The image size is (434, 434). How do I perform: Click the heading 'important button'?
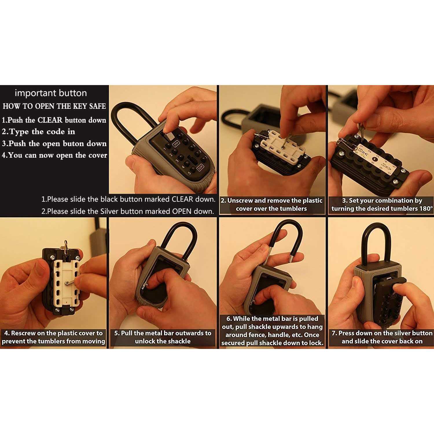coord(51,93)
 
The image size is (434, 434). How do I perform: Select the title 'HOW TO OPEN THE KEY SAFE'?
coord(54,106)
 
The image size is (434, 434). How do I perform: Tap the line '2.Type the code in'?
coord(38,132)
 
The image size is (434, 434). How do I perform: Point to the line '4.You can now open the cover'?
coord(54,155)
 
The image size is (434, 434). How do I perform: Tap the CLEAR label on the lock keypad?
coord(200,168)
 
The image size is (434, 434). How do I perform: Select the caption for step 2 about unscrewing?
coord(271,205)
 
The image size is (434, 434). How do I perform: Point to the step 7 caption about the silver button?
coord(382,337)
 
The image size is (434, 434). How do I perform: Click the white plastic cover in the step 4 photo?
coord(66,284)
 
